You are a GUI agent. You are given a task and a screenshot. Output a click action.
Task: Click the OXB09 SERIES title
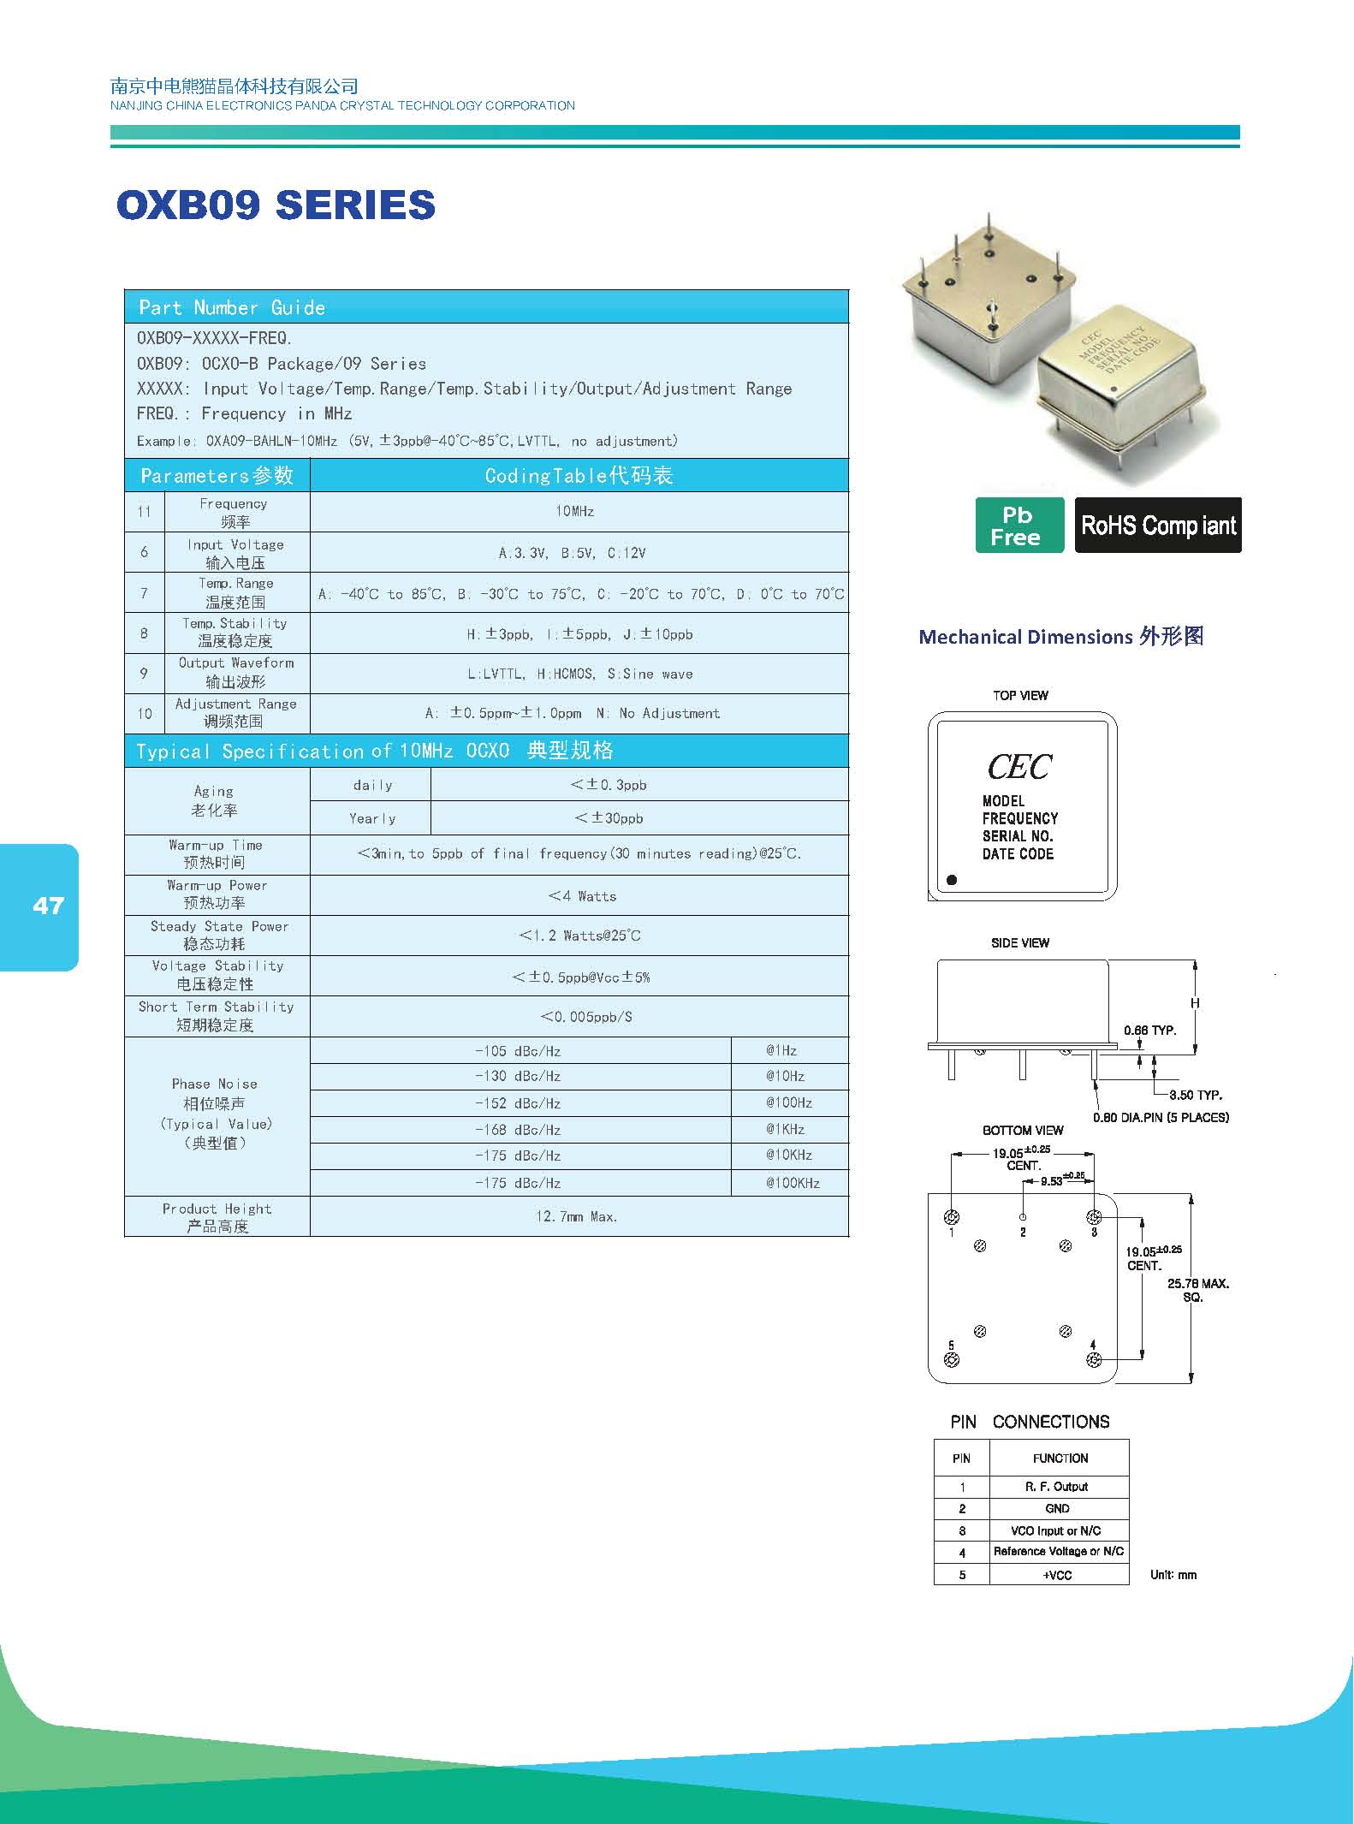[276, 205]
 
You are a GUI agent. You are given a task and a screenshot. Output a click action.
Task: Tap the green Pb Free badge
[1019, 525]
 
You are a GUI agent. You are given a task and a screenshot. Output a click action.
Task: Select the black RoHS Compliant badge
[1158, 525]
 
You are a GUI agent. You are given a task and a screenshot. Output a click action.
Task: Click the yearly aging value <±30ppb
[609, 818]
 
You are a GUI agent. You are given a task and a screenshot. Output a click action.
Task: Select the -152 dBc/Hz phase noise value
[518, 1102]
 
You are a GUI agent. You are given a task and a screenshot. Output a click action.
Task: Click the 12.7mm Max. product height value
[576, 1216]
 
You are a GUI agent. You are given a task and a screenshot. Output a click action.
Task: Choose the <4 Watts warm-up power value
[582, 896]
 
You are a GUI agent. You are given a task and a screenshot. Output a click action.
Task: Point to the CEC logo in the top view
[1019, 767]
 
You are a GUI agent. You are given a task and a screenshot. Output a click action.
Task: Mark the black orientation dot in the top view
[952, 879]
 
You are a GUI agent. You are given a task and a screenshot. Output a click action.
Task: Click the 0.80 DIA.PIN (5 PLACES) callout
[1161, 1117]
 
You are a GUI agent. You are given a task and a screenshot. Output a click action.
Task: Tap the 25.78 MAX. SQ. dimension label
[1198, 1290]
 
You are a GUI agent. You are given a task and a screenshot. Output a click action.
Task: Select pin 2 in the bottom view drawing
[1023, 1216]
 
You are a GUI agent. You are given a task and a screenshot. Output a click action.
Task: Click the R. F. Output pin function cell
[1059, 1486]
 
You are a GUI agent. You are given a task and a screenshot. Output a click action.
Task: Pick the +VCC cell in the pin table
[1059, 1574]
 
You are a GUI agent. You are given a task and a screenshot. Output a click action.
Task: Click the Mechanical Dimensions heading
[1061, 637]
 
